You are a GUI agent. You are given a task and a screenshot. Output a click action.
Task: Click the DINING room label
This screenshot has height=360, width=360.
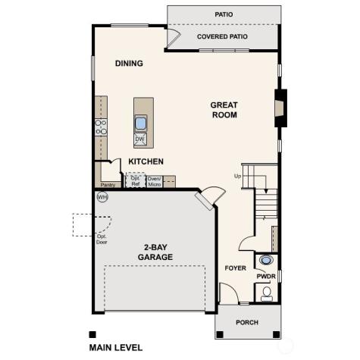click(x=129, y=64)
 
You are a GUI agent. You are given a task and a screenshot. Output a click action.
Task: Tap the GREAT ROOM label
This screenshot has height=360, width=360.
click(x=224, y=110)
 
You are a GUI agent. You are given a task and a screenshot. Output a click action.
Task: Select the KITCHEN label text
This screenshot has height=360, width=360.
click(x=146, y=161)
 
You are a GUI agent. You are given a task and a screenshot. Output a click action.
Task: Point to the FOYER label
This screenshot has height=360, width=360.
click(x=235, y=269)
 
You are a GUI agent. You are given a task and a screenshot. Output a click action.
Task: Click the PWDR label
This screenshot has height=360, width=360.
click(x=265, y=277)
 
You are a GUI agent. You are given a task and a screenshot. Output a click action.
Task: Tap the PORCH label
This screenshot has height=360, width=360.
click(x=246, y=322)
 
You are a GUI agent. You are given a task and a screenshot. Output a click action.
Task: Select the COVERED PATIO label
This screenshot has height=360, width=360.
click(x=224, y=36)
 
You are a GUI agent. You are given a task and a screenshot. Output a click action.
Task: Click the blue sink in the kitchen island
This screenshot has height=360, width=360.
click(x=141, y=123)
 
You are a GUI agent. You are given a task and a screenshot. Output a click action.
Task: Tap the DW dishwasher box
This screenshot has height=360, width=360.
click(x=140, y=139)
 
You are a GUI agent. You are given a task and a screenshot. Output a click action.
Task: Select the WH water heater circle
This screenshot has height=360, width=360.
click(x=102, y=197)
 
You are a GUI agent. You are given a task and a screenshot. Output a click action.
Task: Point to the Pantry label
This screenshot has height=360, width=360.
click(x=107, y=184)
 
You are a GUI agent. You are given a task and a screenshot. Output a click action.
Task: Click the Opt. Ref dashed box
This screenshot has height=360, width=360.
click(x=135, y=181)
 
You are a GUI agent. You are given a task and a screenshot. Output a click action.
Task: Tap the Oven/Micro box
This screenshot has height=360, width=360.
click(x=154, y=181)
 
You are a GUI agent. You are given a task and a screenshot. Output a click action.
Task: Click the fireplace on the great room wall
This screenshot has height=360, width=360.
click(x=281, y=107)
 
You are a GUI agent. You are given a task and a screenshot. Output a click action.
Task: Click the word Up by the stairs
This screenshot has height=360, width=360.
click(x=237, y=176)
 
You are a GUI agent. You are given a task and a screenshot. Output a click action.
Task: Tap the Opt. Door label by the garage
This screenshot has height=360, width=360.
click(x=102, y=240)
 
